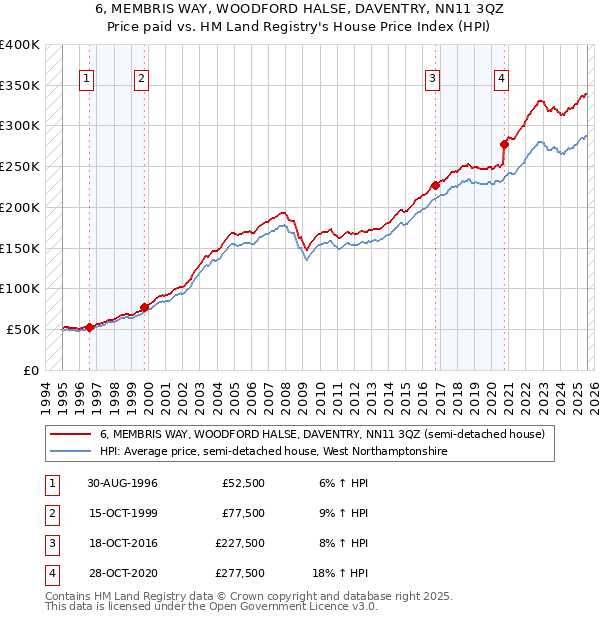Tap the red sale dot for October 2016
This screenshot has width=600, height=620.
(436, 185)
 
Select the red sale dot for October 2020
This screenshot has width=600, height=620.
(504, 144)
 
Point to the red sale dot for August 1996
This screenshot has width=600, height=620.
(89, 327)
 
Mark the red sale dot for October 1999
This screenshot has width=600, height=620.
(144, 307)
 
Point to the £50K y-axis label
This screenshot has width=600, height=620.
(23, 329)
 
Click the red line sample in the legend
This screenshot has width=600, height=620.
(71, 435)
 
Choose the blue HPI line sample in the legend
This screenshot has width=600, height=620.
(71, 452)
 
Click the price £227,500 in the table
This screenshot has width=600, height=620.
(240, 545)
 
